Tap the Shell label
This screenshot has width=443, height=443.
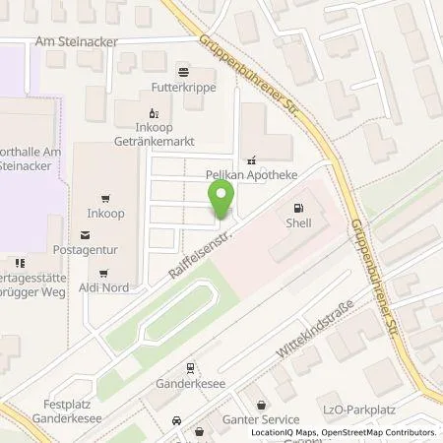click(x=298, y=223)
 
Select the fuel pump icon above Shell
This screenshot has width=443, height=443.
click(x=298, y=208)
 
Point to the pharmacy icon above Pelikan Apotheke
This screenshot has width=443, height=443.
click(x=253, y=158)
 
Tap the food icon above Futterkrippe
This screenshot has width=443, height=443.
click(x=182, y=71)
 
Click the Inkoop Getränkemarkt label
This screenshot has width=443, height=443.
click(x=153, y=134)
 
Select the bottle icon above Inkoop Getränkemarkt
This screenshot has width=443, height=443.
click(x=153, y=112)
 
